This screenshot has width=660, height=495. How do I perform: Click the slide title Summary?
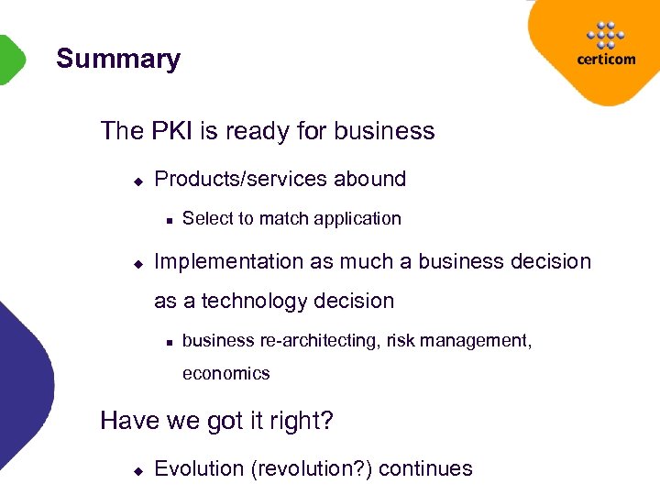[x=118, y=60]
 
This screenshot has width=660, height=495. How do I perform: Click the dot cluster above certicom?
[x=605, y=35]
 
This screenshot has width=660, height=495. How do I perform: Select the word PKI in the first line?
[x=166, y=131]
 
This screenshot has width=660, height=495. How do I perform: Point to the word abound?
[x=369, y=179]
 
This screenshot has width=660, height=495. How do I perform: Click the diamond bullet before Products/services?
[x=137, y=181]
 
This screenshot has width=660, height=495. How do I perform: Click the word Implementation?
[x=230, y=262]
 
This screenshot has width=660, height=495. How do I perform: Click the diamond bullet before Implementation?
[x=137, y=263]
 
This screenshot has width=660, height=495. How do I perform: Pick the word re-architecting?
[x=320, y=341]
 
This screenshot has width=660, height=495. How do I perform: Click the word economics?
[x=225, y=374]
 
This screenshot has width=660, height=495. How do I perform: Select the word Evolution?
[x=199, y=469]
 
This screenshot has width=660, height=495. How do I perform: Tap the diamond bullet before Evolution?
[x=137, y=470]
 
